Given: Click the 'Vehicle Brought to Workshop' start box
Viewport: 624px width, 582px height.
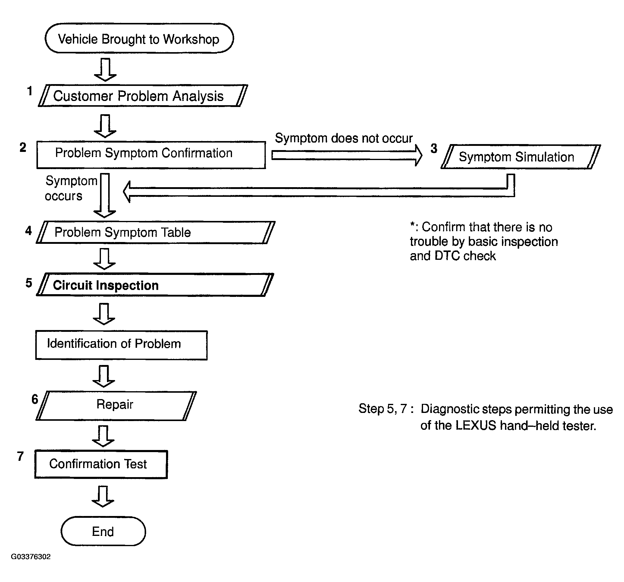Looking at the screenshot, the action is (139, 38).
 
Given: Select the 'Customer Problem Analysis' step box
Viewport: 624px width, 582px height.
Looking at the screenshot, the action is (143, 96).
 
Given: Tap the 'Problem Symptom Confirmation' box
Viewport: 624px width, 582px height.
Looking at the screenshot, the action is (151, 155).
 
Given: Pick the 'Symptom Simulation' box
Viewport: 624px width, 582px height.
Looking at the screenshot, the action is (521, 157).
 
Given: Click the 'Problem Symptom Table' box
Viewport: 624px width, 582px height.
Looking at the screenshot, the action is (155, 232).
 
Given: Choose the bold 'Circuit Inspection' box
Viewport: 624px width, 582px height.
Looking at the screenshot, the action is (155, 285).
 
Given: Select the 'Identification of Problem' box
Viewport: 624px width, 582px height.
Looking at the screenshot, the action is (121, 345).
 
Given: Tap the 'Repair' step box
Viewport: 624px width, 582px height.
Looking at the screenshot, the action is (116, 406).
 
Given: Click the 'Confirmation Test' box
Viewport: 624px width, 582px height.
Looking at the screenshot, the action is (101, 464).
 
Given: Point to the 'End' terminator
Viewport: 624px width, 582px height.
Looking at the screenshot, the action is (103, 531).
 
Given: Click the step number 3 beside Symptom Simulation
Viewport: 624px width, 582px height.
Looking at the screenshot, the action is (434, 149).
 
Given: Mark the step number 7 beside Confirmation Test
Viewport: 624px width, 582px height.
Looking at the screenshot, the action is (20, 456).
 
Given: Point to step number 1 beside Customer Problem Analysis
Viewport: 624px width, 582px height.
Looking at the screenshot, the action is (30, 91).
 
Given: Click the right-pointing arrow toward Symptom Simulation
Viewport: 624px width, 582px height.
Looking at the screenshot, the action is (347, 156).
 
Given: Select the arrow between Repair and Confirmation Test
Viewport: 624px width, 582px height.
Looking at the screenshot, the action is (103, 436).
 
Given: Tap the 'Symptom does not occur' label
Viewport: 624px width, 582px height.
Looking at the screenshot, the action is (344, 138).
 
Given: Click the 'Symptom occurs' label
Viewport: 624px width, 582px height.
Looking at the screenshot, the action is (71, 188).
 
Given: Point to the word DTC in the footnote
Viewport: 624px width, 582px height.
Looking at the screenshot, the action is (447, 256).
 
